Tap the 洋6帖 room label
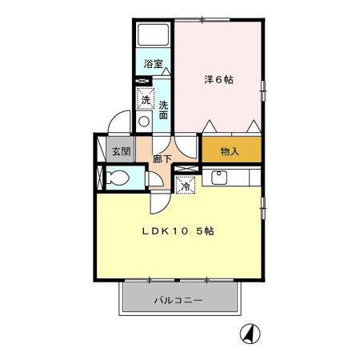coord(218,80)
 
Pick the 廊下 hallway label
coord(162,158)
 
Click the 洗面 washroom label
coord(162,110)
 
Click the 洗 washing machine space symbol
coord(146,101)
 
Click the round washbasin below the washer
coord(144,122)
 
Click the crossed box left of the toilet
coord(99,178)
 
